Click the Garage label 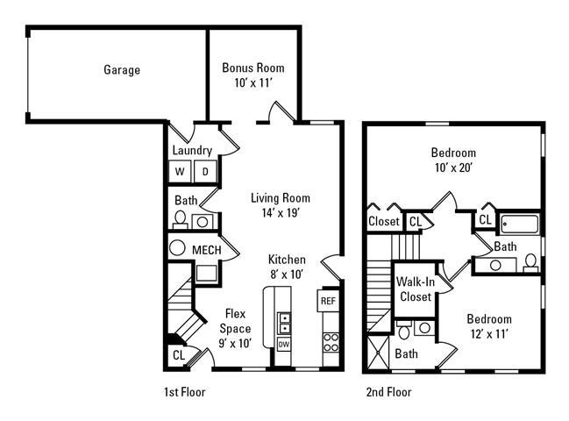pyautogui.click(x=122, y=70)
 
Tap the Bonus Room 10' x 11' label pyautogui.click(x=252, y=75)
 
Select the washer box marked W pyautogui.click(x=181, y=171)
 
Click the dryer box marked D pyautogui.click(x=204, y=171)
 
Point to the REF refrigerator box pyautogui.click(x=328, y=301)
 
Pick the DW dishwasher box pyautogui.click(x=284, y=345)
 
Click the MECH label pyautogui.click(x=206, y=251)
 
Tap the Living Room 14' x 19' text pyautogui.click(x=280, y=205)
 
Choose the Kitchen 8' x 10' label pyautogui.click(x=287, y=267)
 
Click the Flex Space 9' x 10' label pyautogui.click(x=234, y=328)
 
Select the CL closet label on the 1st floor pyautogui.click(x=178, y=355)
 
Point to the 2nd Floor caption pyautogui.click(x=388, y=392)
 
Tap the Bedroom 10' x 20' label pyautogui.click(x=454, y=159)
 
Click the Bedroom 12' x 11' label pyautogui.click(x=488, y=326)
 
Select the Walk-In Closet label pyautogui.click(x=414, y=289)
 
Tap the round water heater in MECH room pyautogui.click(x=176, y=248)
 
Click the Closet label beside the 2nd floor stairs pyautogui.click(x=384, y=222)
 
